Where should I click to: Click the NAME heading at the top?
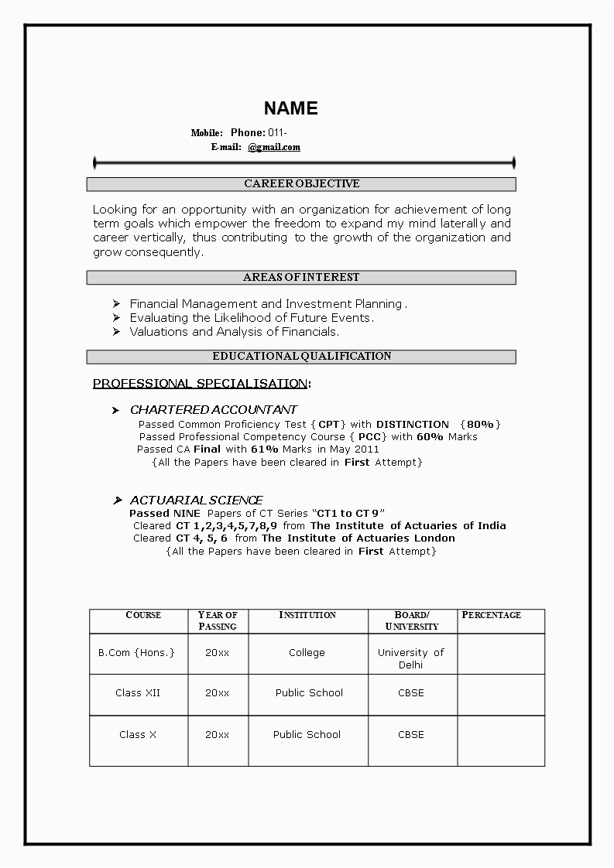tap(290, 108)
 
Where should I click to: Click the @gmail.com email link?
tap(274, 147)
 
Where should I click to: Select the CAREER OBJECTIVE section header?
tap(301, 184)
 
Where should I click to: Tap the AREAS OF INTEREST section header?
tap(301, 277)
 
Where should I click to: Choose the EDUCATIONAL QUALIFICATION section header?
tap(301, 357)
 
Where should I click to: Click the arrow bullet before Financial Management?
tap(115, 304)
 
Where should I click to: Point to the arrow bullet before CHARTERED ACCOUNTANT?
tap(115, 410)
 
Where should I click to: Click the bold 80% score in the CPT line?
tap(480, 424)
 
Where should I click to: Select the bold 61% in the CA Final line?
tap(264, 449)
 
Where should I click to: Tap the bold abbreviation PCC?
tap(369, 436)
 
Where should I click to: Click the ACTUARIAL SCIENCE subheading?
tap(196, 501)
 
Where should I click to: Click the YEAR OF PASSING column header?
tap(218, 620)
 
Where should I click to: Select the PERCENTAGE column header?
tap(491, 615)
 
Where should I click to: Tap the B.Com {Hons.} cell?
tap(136, 652)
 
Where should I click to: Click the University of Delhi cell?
tap(410, 658)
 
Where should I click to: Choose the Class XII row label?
tap(138, 692)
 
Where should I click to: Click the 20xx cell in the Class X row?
tap(217, 734)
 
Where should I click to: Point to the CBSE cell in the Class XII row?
tap(410, 692)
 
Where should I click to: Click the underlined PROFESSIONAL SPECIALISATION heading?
tap(200, 384)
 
